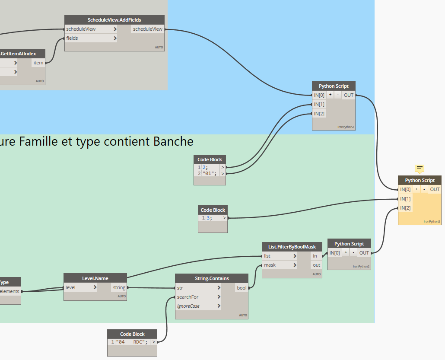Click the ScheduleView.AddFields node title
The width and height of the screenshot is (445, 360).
[x=114, y=20]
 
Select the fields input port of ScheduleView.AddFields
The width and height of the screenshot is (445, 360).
[x=72, y=38]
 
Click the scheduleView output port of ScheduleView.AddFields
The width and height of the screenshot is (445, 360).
[x=148, y=29]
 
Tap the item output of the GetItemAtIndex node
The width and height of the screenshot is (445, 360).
[x=38, y=63]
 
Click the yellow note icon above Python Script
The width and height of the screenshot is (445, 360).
[x=420, y=168]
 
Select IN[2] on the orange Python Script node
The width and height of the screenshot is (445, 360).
[x=405, y=208]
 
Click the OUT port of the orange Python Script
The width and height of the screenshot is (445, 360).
[x=435, y=189]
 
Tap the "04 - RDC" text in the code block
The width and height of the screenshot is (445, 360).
[x=131, y=342]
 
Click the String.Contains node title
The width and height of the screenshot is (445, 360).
[x=212, y=278]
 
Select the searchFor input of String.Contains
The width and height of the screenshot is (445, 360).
[x=188, y=297]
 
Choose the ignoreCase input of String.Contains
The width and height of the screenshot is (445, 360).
[x=188, y=306]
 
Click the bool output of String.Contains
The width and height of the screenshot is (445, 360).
[x=242, y=288]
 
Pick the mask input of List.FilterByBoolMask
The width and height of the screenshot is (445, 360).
[x=270, y=265]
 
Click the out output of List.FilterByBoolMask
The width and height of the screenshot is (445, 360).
[x=317, y=265]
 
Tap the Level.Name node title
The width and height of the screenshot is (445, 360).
[x=95, y=278]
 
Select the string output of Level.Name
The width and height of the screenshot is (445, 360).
[x=119, y=287]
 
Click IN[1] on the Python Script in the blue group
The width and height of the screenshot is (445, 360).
[x=319, y=104]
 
